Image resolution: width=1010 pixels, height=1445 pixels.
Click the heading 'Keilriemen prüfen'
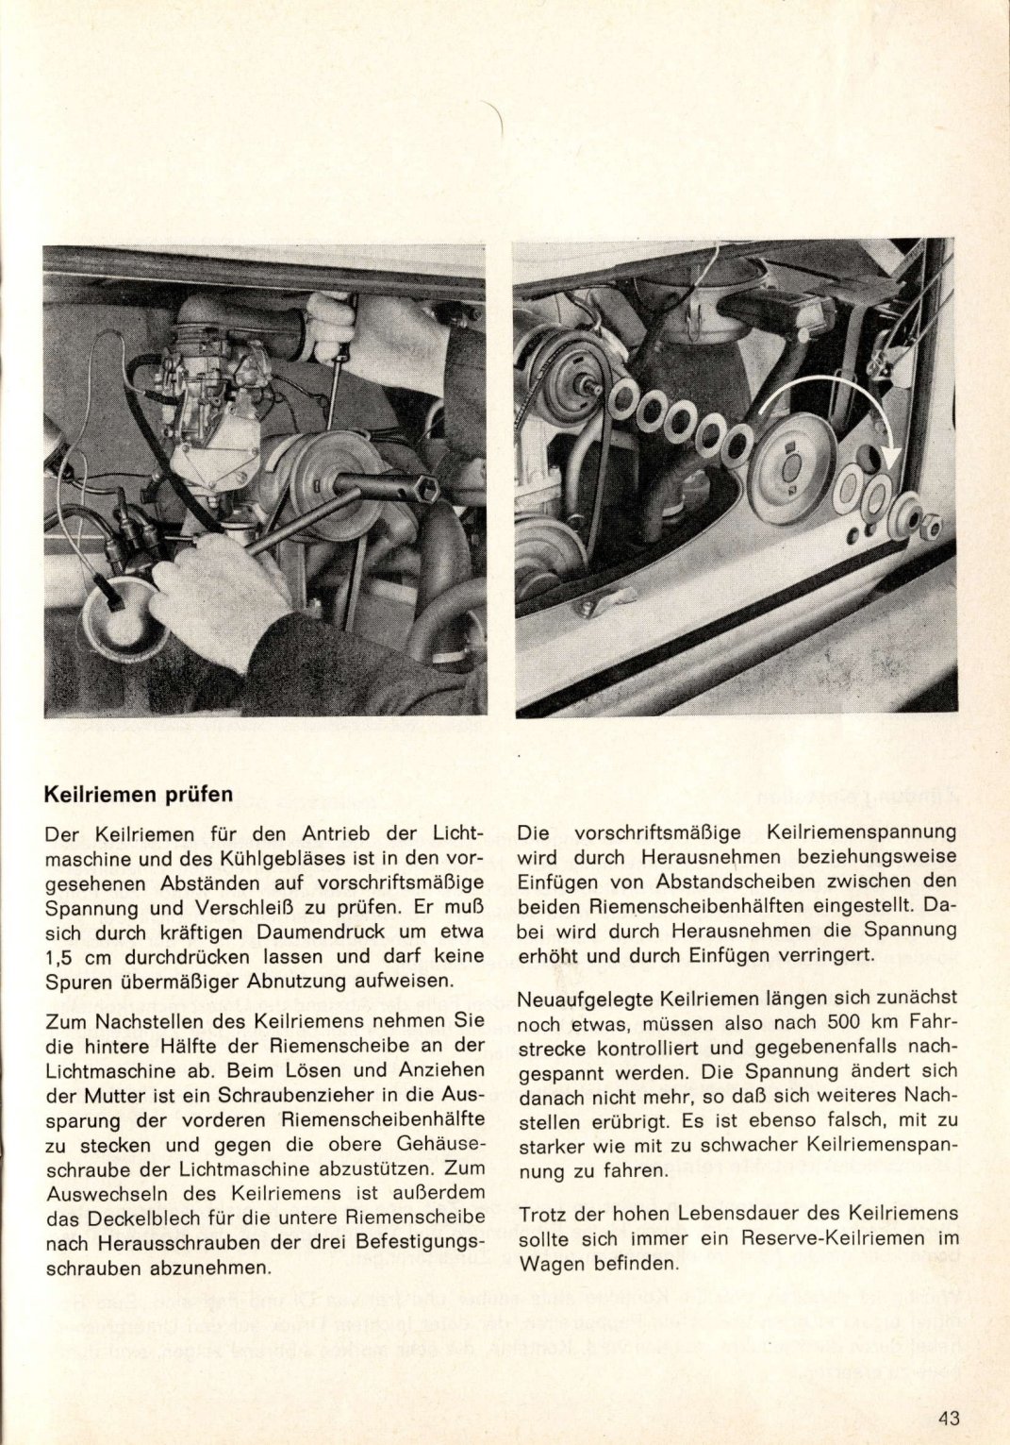click(139, 794)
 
